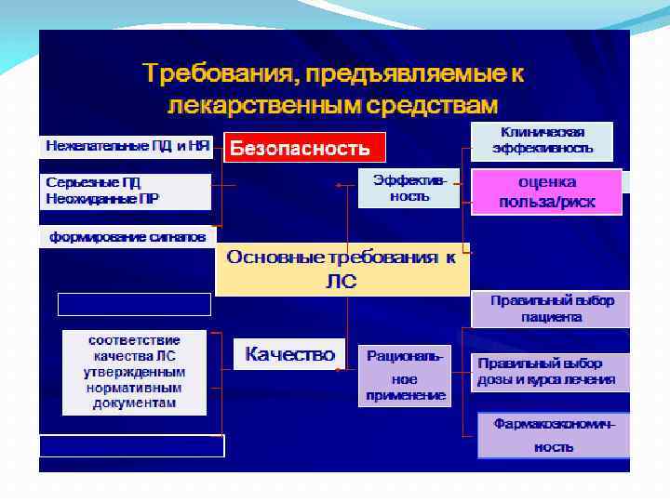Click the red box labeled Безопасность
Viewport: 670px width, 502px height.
(x=304, y=148)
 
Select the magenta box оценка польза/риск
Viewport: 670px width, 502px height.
(x=546, y=192)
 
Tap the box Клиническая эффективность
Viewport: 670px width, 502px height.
(x=542, y=141)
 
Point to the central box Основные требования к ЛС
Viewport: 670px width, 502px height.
(x=342, y=269)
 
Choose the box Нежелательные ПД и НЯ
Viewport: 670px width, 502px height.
(x=126, y=146)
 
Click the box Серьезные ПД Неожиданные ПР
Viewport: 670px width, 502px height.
(x=126, y=192)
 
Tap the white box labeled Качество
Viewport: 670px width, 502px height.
(x=289, y=354)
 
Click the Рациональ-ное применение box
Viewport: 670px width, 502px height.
(x=405, y=376)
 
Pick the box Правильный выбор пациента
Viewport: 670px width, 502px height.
(x=551, y=309)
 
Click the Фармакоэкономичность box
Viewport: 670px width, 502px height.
(x=554, y=435)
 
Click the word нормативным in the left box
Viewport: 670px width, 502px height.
(x=134, y=388)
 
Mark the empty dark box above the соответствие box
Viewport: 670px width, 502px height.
(x=134, y=304)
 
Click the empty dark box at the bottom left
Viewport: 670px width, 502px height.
(x=131, y=446)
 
